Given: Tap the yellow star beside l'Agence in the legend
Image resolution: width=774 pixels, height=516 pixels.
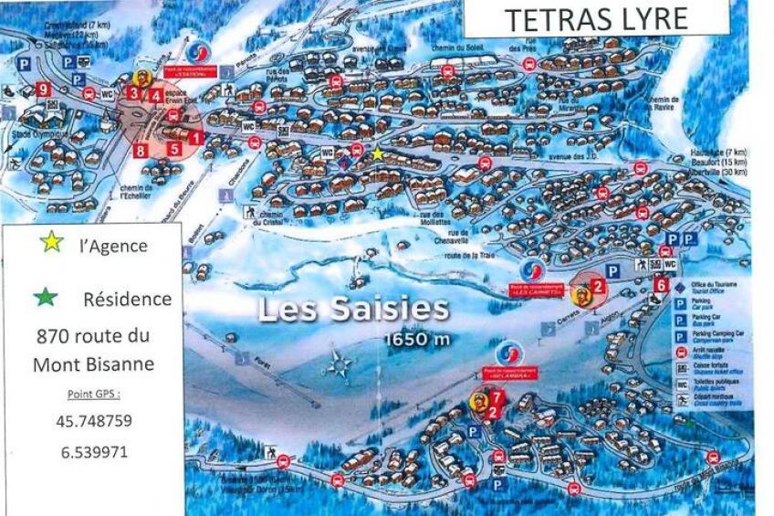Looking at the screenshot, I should pos(52,242).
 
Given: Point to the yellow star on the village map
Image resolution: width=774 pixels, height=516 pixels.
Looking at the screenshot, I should pos(378,153).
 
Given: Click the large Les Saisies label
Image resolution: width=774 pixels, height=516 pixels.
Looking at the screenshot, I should pos(353,310).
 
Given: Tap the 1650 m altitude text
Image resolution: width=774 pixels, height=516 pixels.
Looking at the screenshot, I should pos(416,340).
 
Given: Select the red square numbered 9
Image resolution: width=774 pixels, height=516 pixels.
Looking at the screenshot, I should pos(43,89).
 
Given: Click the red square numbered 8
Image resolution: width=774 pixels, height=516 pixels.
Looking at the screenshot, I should pos(141,149).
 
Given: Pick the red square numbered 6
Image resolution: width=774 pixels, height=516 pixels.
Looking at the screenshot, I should pos(660,284).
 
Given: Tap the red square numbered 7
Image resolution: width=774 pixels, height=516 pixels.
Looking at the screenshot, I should pos(497,397).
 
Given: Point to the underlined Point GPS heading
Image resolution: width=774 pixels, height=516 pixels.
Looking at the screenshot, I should pos(93,395).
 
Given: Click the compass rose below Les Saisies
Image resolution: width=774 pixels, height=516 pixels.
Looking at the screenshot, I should pos(341,363).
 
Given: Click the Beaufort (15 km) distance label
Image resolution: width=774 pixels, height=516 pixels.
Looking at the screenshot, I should pos(715,163).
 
